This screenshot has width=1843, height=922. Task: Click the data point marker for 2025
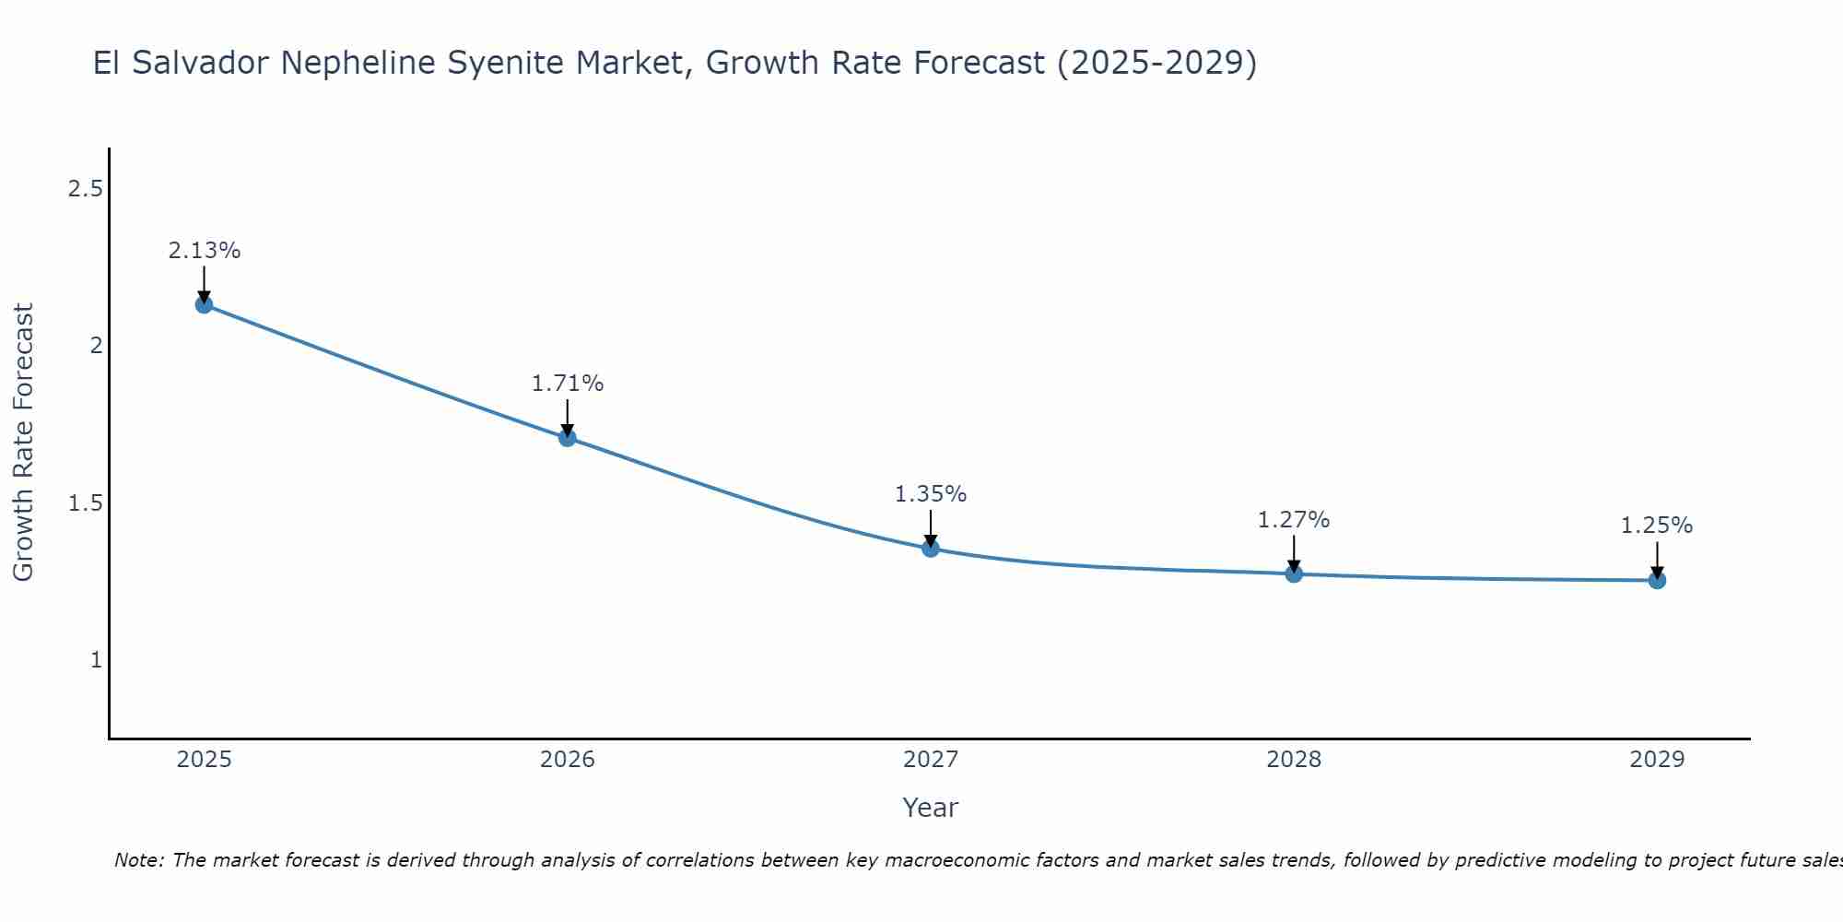click(x=204, y=304)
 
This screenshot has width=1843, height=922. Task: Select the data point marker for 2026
click(x=568, y=437)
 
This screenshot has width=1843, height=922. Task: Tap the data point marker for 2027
click(x=931, y=549)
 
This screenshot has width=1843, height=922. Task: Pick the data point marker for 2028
click(x=1294, y=573)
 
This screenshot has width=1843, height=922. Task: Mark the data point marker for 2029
click(x=1657, y=580)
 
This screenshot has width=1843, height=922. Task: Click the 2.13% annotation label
click(x=204, y=251)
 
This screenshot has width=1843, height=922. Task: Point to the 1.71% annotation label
click(x=568, y=384)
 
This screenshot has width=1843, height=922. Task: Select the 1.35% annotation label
click(x=931, y=494)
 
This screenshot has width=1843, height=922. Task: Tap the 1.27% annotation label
click(x=1294, y=520)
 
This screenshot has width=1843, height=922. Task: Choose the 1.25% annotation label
click(x=1657, y=526)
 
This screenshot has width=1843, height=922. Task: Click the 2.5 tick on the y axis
click(x=85, y=189)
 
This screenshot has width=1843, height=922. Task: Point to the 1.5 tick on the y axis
click(x=85, y=503)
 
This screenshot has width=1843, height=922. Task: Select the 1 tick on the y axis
click(x=96, y=660)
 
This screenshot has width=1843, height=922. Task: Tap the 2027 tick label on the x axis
click(x=931, y=760)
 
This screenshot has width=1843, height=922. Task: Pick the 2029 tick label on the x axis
click(x=1657, y=760)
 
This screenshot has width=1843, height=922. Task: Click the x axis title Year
click(x=931, y=808)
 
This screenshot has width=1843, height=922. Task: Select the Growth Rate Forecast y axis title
click(x=24, y=443)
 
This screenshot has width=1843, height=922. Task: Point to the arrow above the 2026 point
click(x=568, y=418)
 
